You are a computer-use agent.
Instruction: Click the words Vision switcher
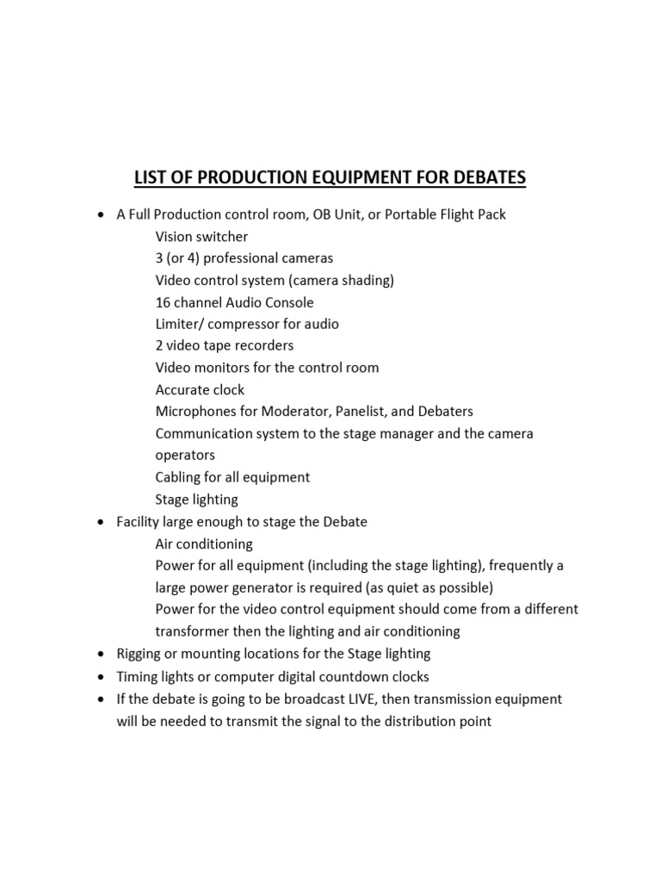pos(201,236)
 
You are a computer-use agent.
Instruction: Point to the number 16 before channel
pos(164,302)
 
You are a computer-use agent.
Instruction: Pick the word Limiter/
pos(179,324)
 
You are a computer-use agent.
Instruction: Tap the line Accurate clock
pos(200,389)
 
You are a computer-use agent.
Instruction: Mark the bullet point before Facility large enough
pos(102,522)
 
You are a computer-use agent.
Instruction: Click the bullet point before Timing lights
pos(102,676)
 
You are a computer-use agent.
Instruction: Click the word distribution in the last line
pos(406,721)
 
